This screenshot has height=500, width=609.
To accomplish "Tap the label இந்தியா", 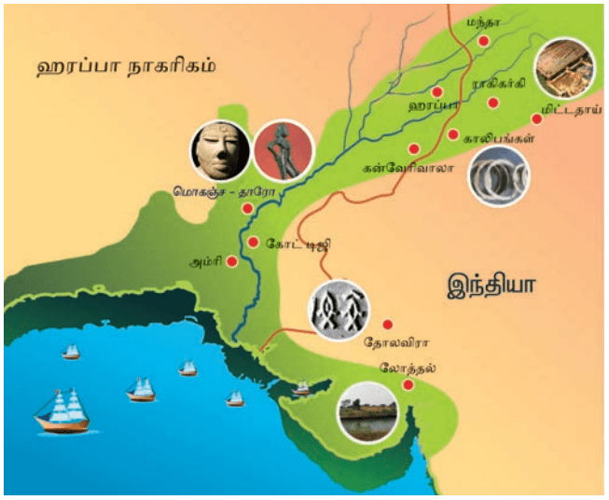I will pyautogui.click(x=492, y=282).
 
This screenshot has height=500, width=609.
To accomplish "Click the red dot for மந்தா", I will pyautogui.click(x=483, y=42).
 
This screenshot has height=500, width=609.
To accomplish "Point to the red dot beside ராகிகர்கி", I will pyautogui.click(x=494, y=100).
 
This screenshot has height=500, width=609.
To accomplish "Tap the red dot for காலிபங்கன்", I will pyautogui.click(x=454, y=135).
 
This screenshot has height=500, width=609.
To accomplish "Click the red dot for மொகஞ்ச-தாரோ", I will pyautogui.click(x=247, y=208).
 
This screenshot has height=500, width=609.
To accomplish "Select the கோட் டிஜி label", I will pyautogui.click(x=298, y=244).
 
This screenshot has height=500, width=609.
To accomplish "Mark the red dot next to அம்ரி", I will pyautogui.click(x=232, y=262).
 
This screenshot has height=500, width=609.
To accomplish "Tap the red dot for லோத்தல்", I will pyautogui.click(x=408, y=384).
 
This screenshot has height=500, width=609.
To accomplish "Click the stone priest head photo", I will pyautogui.click(x=219, y=151).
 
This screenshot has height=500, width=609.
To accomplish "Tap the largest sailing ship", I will pyautogui.click(x=62, y=411).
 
